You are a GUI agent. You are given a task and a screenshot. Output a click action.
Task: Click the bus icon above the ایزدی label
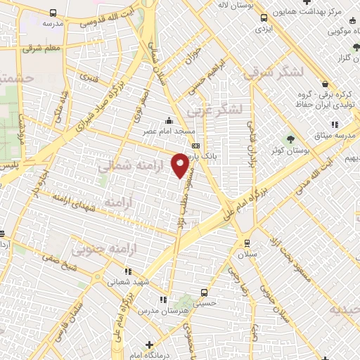(263, 18)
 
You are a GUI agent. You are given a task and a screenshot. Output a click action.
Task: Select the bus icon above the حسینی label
(204, 292)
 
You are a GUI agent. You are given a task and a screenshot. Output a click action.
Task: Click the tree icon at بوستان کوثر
(289, 138)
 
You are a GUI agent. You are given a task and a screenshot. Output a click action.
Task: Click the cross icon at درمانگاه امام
(148, 344)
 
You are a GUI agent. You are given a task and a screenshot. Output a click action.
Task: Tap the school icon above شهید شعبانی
(127, 270)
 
